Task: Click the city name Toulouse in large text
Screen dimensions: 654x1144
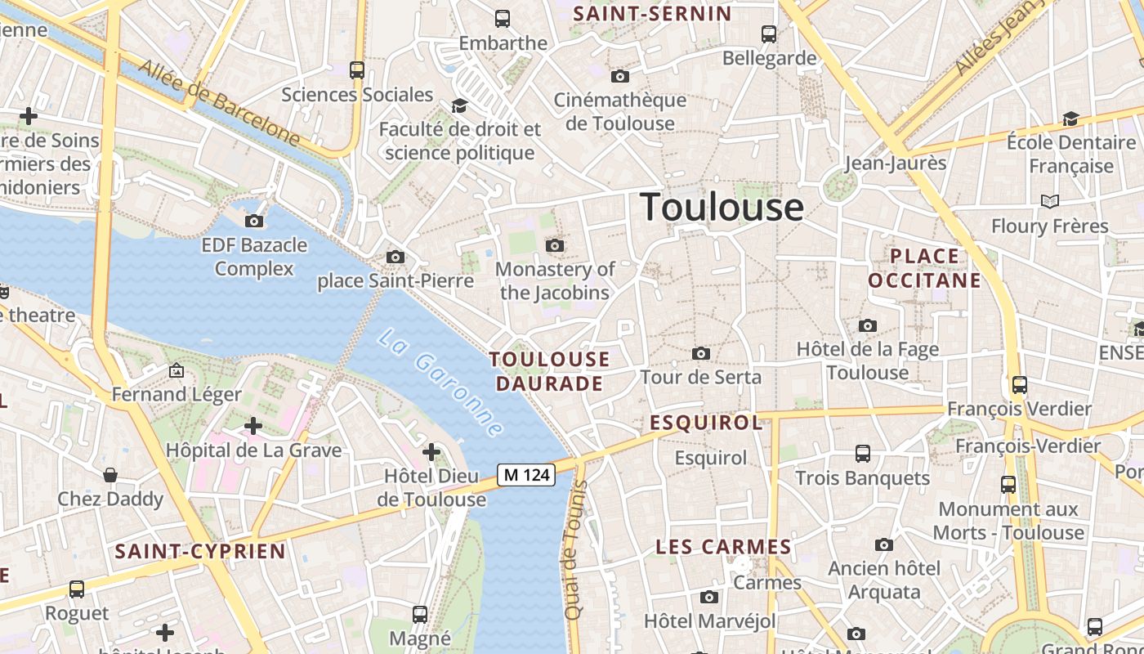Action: point(722,207)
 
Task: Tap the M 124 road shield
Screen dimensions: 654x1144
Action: point(526,474)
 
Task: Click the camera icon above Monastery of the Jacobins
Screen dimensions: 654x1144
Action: point(555,245)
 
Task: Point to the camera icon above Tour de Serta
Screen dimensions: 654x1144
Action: point(700,353)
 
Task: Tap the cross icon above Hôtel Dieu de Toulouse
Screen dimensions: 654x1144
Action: point(431,451)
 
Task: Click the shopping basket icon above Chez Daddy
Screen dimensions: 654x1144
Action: point(110,475)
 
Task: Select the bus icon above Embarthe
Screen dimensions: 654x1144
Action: point(503,18)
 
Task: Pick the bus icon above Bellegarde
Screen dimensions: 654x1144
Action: point(769,34)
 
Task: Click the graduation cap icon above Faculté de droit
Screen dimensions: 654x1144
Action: point(459,105)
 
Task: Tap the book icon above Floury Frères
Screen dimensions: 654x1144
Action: point(1050,201)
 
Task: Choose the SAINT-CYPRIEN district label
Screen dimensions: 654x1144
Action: point(200,551)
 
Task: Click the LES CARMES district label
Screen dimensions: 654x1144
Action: point(724,547)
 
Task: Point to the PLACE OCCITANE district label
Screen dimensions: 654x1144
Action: point(924,269)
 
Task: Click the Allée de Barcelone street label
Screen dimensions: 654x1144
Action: point(219,101)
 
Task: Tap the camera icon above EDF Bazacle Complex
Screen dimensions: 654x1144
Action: point(254,221)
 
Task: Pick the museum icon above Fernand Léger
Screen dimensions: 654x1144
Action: point(176,370)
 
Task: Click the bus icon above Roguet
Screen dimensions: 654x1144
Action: point(77,589)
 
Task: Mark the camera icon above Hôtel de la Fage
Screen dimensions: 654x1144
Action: point(868,325)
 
